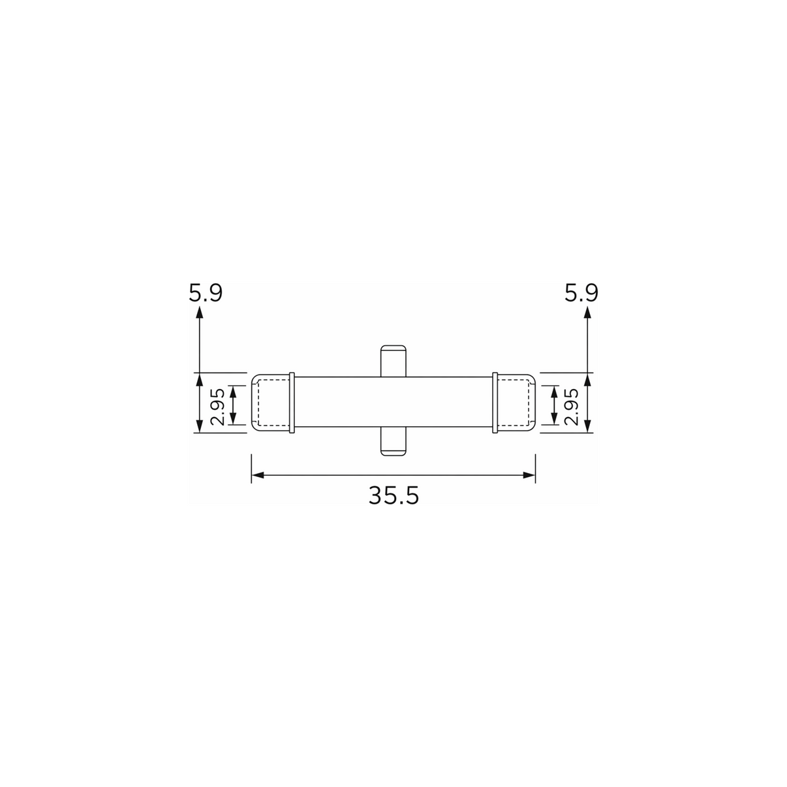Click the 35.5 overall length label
click(x=393, y=496)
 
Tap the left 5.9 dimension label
click(x=206, y=293)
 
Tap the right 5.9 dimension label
click(x=581, y=293)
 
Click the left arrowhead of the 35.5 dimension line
click(x=258, y=475)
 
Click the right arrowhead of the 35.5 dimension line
click(x=529, y=475)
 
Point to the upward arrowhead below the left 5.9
click(x=199, y=313)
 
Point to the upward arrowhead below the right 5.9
click(x=587, y=313)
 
